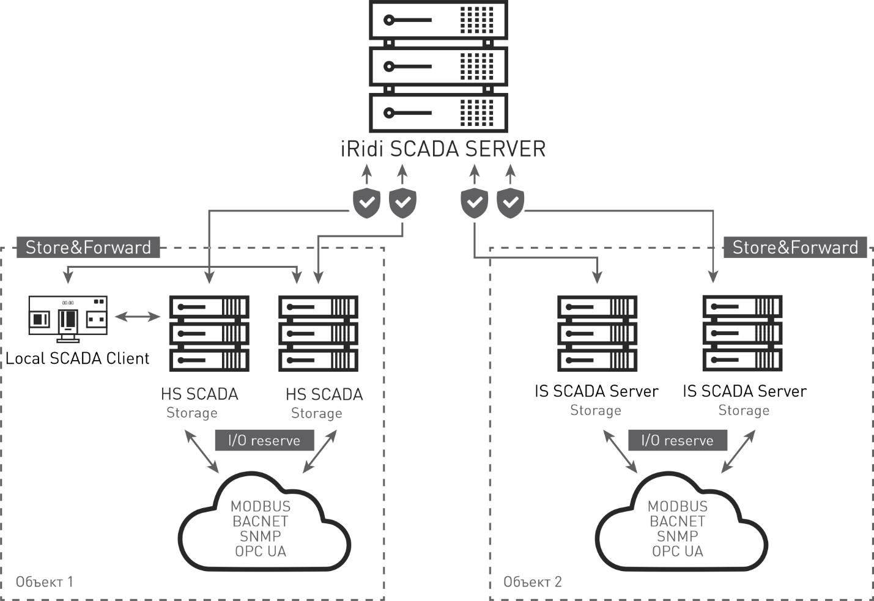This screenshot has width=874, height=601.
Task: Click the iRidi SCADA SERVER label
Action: point(443,149)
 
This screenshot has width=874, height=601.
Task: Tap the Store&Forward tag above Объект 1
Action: point(88,247)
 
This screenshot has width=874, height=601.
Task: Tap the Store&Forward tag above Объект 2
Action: point(795,247)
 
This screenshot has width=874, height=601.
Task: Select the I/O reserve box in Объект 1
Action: point(264,440)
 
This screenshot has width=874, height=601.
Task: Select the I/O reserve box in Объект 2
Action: point(678,440)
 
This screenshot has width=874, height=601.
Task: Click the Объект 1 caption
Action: point(45,581)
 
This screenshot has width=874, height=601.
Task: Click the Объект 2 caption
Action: point(532,581)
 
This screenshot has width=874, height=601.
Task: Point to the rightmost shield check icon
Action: point(510,203)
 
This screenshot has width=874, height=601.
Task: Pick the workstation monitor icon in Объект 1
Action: point(68,318)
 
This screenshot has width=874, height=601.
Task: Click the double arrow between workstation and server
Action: point(138,316)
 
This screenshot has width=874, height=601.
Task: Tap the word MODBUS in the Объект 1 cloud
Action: point(261,506)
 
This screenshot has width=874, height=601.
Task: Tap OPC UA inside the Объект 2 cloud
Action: point(678,551)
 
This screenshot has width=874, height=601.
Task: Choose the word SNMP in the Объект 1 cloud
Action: point(261,536)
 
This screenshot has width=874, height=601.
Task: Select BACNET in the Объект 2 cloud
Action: point(678,522)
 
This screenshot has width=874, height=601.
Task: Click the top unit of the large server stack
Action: point(439,20)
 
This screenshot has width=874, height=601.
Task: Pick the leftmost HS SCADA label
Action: point(199,394)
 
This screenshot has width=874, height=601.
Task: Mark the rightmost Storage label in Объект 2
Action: point(744,410)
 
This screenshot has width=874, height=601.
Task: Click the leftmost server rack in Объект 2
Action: point(598,333)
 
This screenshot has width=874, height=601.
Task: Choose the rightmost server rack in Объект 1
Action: point(318,333)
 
